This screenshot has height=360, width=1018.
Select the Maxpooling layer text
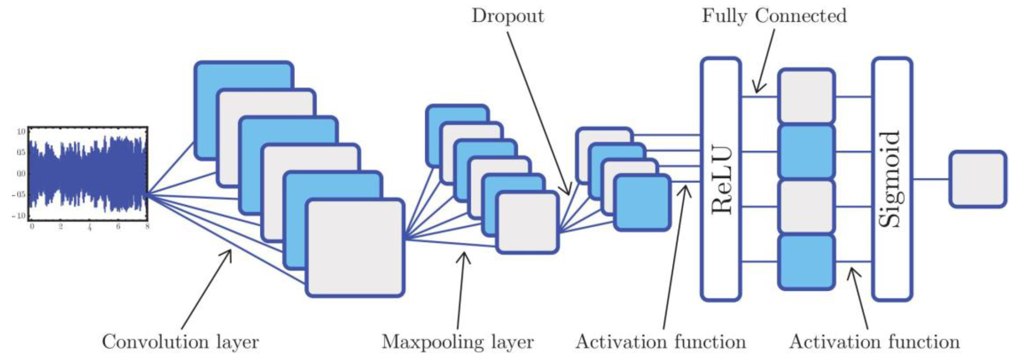[x=457, y=342]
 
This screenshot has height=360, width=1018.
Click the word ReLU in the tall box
[x=721, y=180]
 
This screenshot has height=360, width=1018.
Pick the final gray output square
[x=978, y=179]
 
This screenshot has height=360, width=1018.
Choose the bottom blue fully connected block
[x=806, y=262]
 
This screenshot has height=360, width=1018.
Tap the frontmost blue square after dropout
[x=642, y=203]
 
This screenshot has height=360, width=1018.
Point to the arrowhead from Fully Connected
[x=757, y=89]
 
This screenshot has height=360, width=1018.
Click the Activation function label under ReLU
[x=661, y=342]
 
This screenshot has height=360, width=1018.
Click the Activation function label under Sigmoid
[x=874, y=342]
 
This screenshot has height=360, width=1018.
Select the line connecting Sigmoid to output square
[x=931, y=179]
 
